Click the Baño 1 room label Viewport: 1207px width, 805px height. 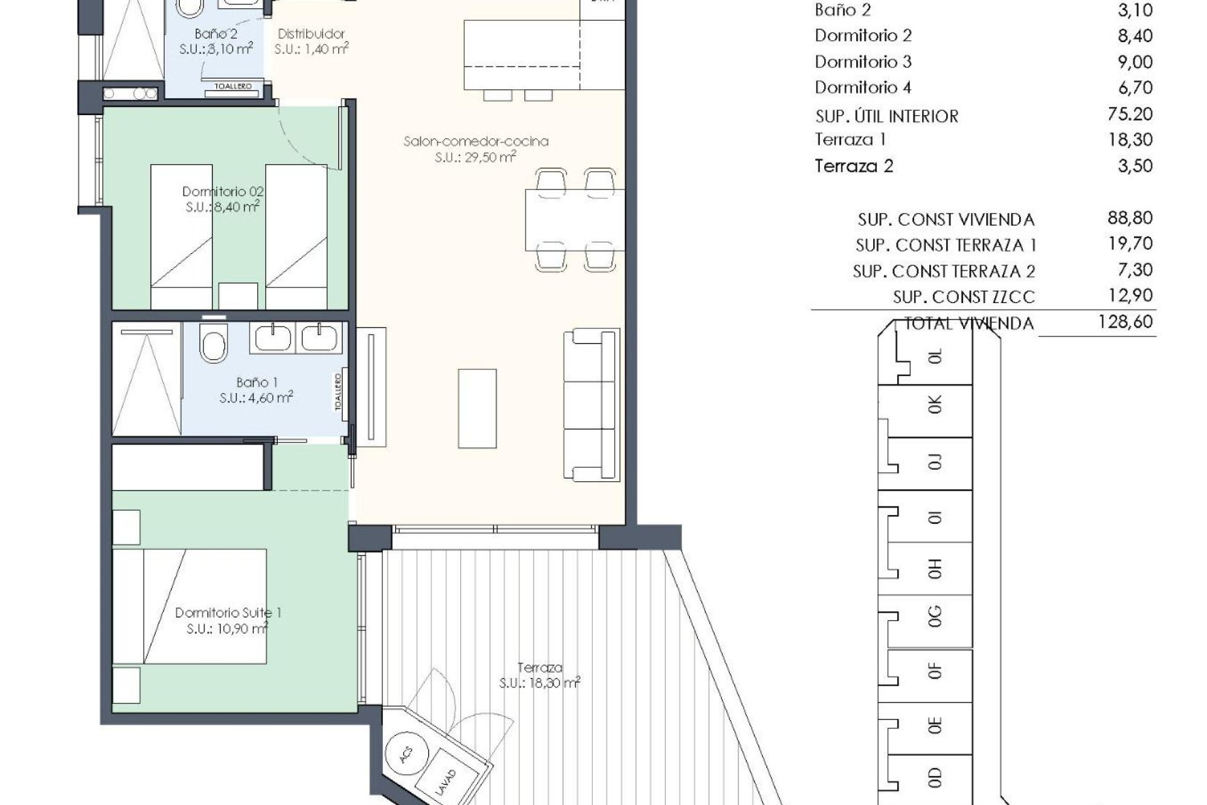[256, 382]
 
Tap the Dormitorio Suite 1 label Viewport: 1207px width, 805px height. [228, 613]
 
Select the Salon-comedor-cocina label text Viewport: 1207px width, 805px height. [476, 142]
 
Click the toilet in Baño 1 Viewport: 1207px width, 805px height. [214, 343]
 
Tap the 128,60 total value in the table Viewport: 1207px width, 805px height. [1125, 322]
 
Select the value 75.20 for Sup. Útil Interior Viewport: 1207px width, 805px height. [1130, 114]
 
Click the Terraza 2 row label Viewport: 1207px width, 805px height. [854, 166]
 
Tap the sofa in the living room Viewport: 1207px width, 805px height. [591, 405]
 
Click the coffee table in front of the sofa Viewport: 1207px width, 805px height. [477, 409]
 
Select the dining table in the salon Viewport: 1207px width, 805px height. [575, 220]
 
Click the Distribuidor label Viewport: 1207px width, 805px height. [311, 34]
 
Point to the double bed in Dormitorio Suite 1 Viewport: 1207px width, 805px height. [189, 606]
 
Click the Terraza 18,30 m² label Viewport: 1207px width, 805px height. [539, 675]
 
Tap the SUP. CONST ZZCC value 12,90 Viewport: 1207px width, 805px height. [1130, 296]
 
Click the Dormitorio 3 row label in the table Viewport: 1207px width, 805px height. [863, 62]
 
